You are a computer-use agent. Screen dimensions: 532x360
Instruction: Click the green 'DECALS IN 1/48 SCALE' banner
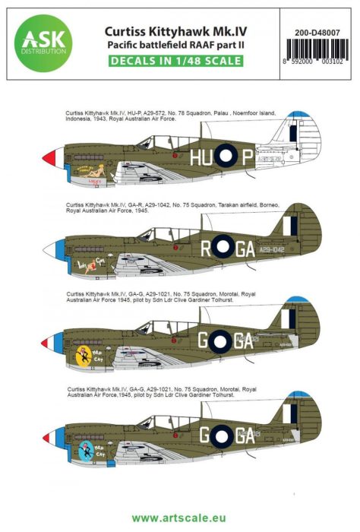click(x=179, y=61)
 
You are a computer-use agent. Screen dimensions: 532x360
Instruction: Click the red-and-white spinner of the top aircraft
click(x=49, y=157)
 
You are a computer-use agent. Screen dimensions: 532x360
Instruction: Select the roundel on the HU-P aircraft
click(x=226, y=157)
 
